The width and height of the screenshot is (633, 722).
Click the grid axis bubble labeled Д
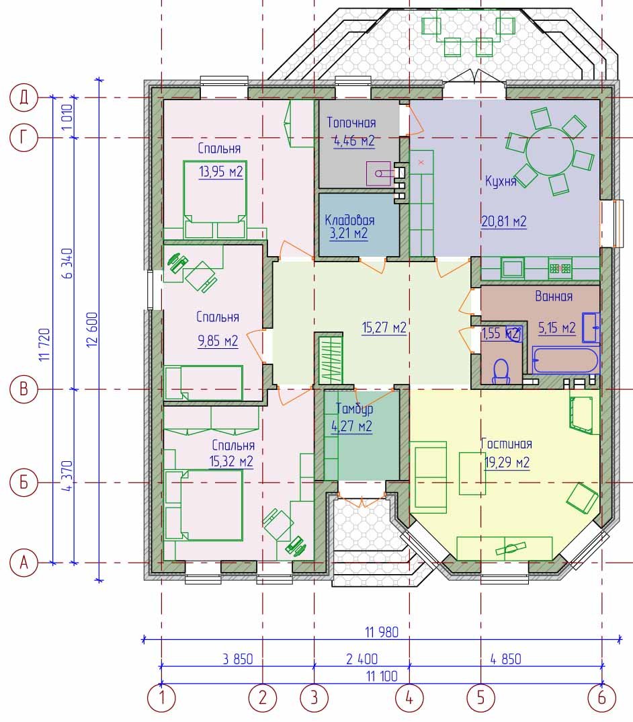(24, 97)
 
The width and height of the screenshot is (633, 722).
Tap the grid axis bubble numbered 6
(601, 698)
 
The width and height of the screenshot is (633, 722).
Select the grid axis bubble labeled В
(24, 389)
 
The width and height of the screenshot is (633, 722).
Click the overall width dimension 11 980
(382, 632)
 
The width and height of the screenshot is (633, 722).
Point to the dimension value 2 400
(362, 659)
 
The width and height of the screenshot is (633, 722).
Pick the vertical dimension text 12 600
(92, 329)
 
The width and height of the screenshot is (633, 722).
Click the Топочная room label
(351, 122)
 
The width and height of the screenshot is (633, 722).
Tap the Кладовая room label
(349, 219)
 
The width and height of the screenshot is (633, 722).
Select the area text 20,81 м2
(504, 221)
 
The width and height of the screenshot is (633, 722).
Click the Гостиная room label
(507, 444)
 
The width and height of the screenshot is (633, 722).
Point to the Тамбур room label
(354, 409)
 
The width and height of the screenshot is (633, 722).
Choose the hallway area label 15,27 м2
(384, 328)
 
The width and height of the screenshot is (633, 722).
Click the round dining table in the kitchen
(550, 151)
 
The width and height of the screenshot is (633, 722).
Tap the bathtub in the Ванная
(566, 360)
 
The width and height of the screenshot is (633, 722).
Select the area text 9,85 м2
(218, 341)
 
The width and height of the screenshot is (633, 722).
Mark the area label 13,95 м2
(221, 171)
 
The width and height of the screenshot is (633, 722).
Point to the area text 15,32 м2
(231, 461)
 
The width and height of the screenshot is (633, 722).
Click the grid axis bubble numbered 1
(161, 698)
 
